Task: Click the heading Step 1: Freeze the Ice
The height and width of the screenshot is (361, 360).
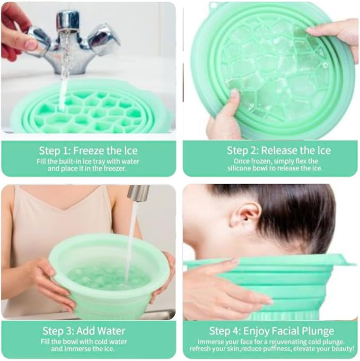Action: [x=88, y=150]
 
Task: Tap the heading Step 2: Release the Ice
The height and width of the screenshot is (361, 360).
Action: [x=270, y=150]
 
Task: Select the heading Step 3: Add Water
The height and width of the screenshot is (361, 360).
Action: [x=88, y=330]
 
